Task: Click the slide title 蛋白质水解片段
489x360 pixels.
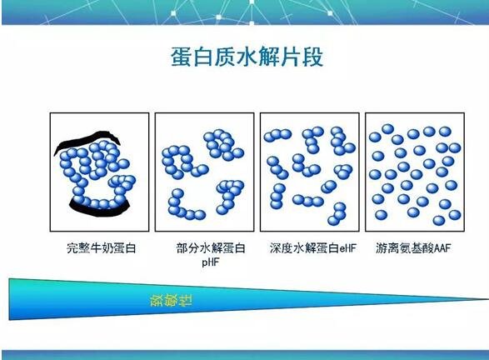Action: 247,57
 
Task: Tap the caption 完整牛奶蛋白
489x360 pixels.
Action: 102,248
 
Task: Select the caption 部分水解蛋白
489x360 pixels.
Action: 211,248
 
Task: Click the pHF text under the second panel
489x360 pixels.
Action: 211,262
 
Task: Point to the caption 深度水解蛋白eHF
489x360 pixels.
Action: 312,248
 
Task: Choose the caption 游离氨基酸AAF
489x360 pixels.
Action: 413,248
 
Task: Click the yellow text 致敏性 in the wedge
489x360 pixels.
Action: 172,300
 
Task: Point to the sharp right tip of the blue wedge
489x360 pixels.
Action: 488,299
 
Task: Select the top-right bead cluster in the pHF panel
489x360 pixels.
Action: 223,144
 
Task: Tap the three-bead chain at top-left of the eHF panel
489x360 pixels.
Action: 277,135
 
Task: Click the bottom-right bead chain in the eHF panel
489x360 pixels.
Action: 337,214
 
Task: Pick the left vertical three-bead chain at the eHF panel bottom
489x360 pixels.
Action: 277,196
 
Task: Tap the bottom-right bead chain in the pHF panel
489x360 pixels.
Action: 230,196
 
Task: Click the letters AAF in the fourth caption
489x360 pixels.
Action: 442,248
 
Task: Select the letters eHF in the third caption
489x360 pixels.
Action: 347,248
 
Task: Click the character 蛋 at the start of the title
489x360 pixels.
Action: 181,57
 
